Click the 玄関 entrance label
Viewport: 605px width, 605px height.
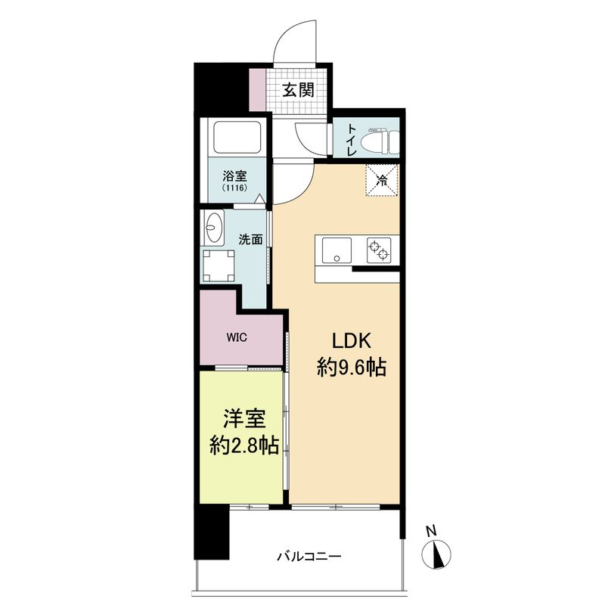(x=298, y=90)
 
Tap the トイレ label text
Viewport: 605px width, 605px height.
(x=352, y=141)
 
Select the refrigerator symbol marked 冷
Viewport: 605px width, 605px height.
(x=382, y=180)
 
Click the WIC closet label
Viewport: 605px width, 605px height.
(x=234, y=337)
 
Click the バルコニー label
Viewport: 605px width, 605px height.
(x=309, y=557)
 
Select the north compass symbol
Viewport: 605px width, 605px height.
(x=438, y=554)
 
